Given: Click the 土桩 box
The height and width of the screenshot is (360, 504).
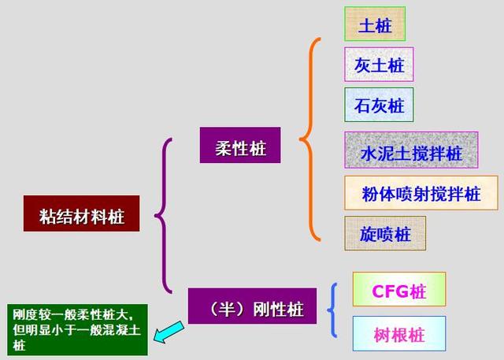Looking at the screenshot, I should (374, 24).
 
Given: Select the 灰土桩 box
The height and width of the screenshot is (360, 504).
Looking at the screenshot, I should (379, 64).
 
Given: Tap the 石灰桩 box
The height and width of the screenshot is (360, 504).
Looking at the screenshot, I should (379, 104).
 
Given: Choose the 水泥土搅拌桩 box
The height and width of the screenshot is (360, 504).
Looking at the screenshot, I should (410, 151).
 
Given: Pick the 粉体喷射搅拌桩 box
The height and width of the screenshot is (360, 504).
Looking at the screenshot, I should (421, 192).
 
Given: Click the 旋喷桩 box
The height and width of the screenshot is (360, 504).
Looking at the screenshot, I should (385, 233).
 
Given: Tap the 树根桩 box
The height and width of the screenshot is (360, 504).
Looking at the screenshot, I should (398, 334).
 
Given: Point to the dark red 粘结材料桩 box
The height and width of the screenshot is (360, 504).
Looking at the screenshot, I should (81, 214).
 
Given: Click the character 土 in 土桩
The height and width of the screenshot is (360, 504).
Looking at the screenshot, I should (366, 24).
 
